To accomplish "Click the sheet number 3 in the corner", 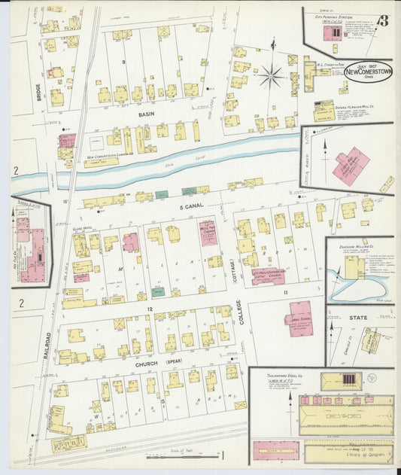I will [x=383, y=20].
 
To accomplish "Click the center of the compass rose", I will [x=272, y=75].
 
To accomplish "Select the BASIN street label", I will [x=146, y=114].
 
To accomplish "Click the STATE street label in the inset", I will [x=359, y=318].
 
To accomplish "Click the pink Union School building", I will [x=299, y=318].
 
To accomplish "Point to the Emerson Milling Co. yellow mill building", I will [x=354, y=267].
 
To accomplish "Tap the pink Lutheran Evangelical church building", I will [x=267, y=275].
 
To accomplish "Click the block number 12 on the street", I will [x=150, y=309].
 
